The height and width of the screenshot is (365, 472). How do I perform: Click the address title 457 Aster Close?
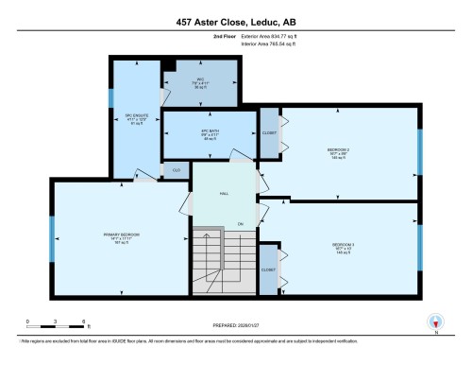click(x=235, y=22)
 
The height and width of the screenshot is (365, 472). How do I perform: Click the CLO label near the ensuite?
click(x=176, y=170)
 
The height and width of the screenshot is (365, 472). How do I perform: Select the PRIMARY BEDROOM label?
click(x=122, y=235)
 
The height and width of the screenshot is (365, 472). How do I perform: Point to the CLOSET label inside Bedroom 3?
click(x=269, y=269)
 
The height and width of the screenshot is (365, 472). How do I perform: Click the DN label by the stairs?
click(x=241, y=223)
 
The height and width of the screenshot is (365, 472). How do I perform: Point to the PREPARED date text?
click(x=235, y=328)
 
